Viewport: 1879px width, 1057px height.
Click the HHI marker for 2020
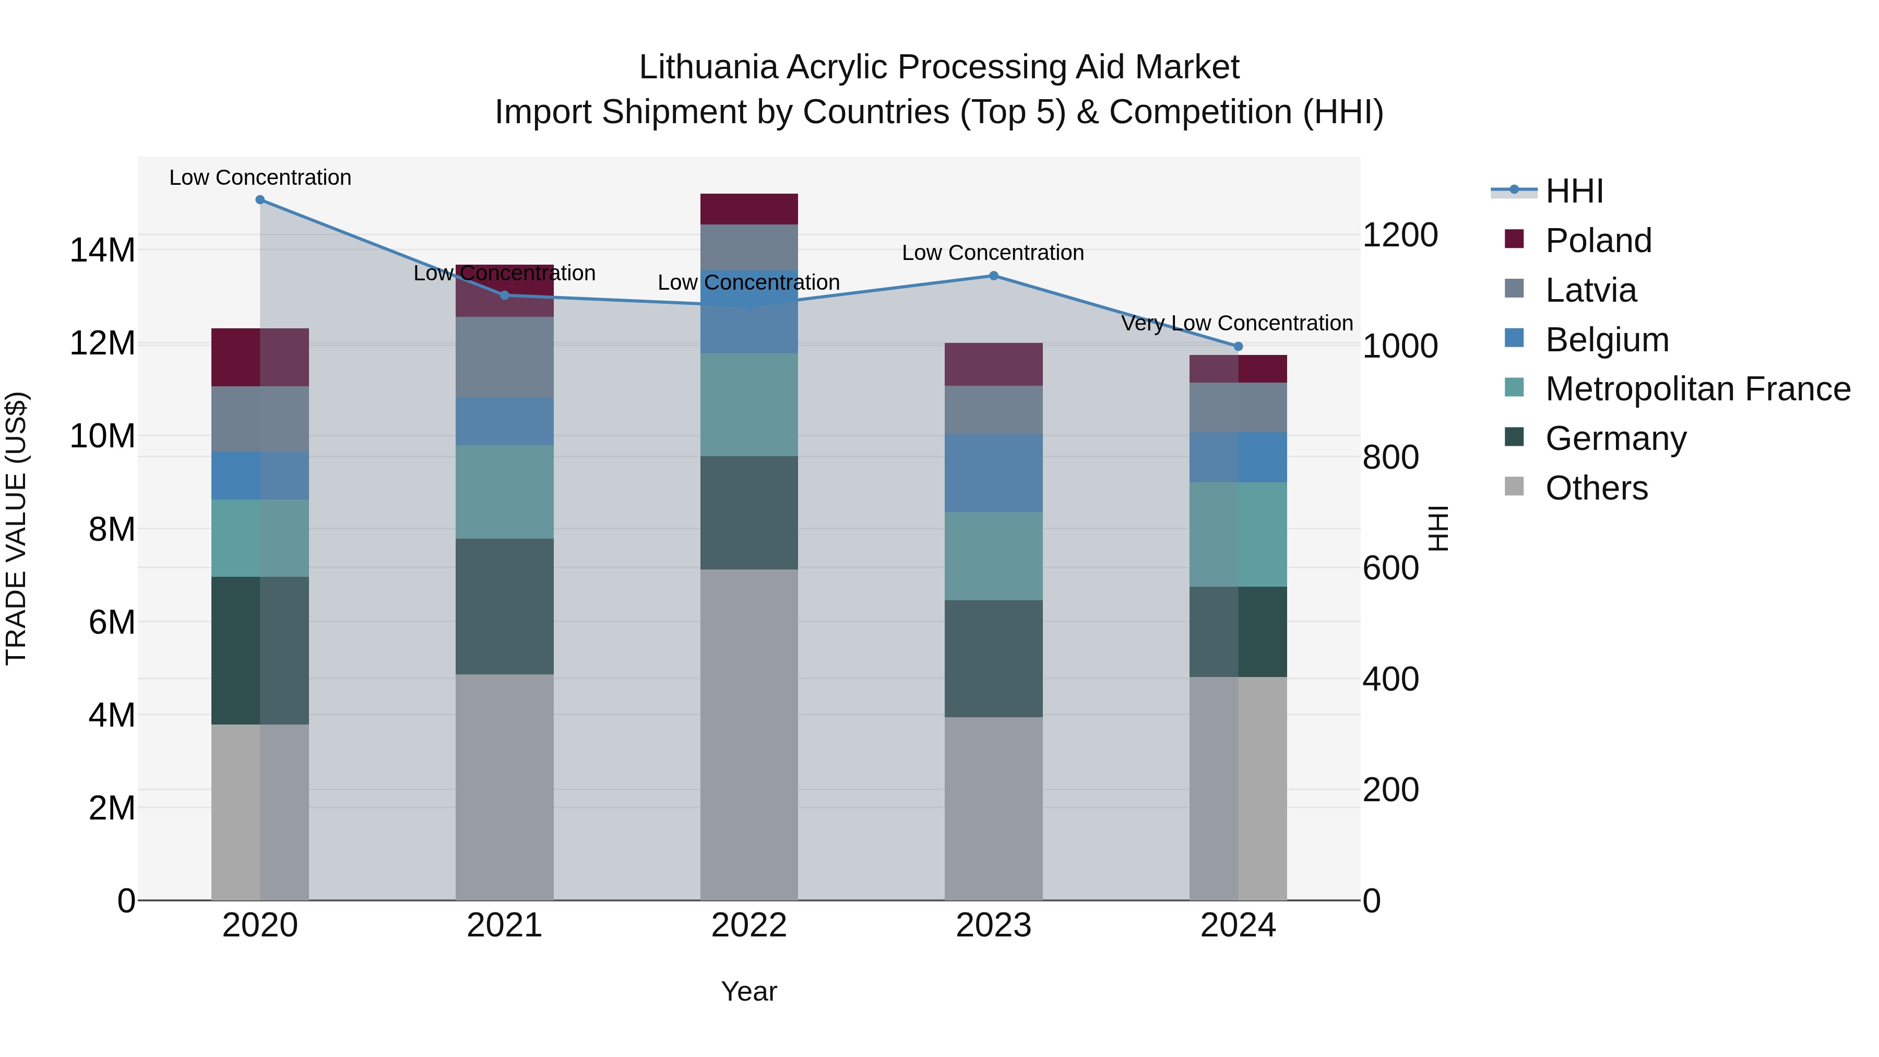[x=260, y=199]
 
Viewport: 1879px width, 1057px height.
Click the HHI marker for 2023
[x=993, y=276]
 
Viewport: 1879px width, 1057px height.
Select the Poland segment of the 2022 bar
[x=748, y=209]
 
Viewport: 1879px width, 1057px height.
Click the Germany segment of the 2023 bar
[x=993, y=658]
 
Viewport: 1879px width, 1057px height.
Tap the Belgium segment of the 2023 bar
[x=993, y=473]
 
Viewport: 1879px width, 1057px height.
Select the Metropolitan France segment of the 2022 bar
[x=748, y=405]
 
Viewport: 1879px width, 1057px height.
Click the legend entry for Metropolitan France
[x=1697, y=389]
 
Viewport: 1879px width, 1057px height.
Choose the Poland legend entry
[x=1598, y=241]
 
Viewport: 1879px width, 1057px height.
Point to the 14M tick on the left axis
[x=102, y=250]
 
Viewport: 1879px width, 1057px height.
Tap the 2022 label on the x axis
[x=748, y=925]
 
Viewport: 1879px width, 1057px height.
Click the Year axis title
[x=748, y=991]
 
